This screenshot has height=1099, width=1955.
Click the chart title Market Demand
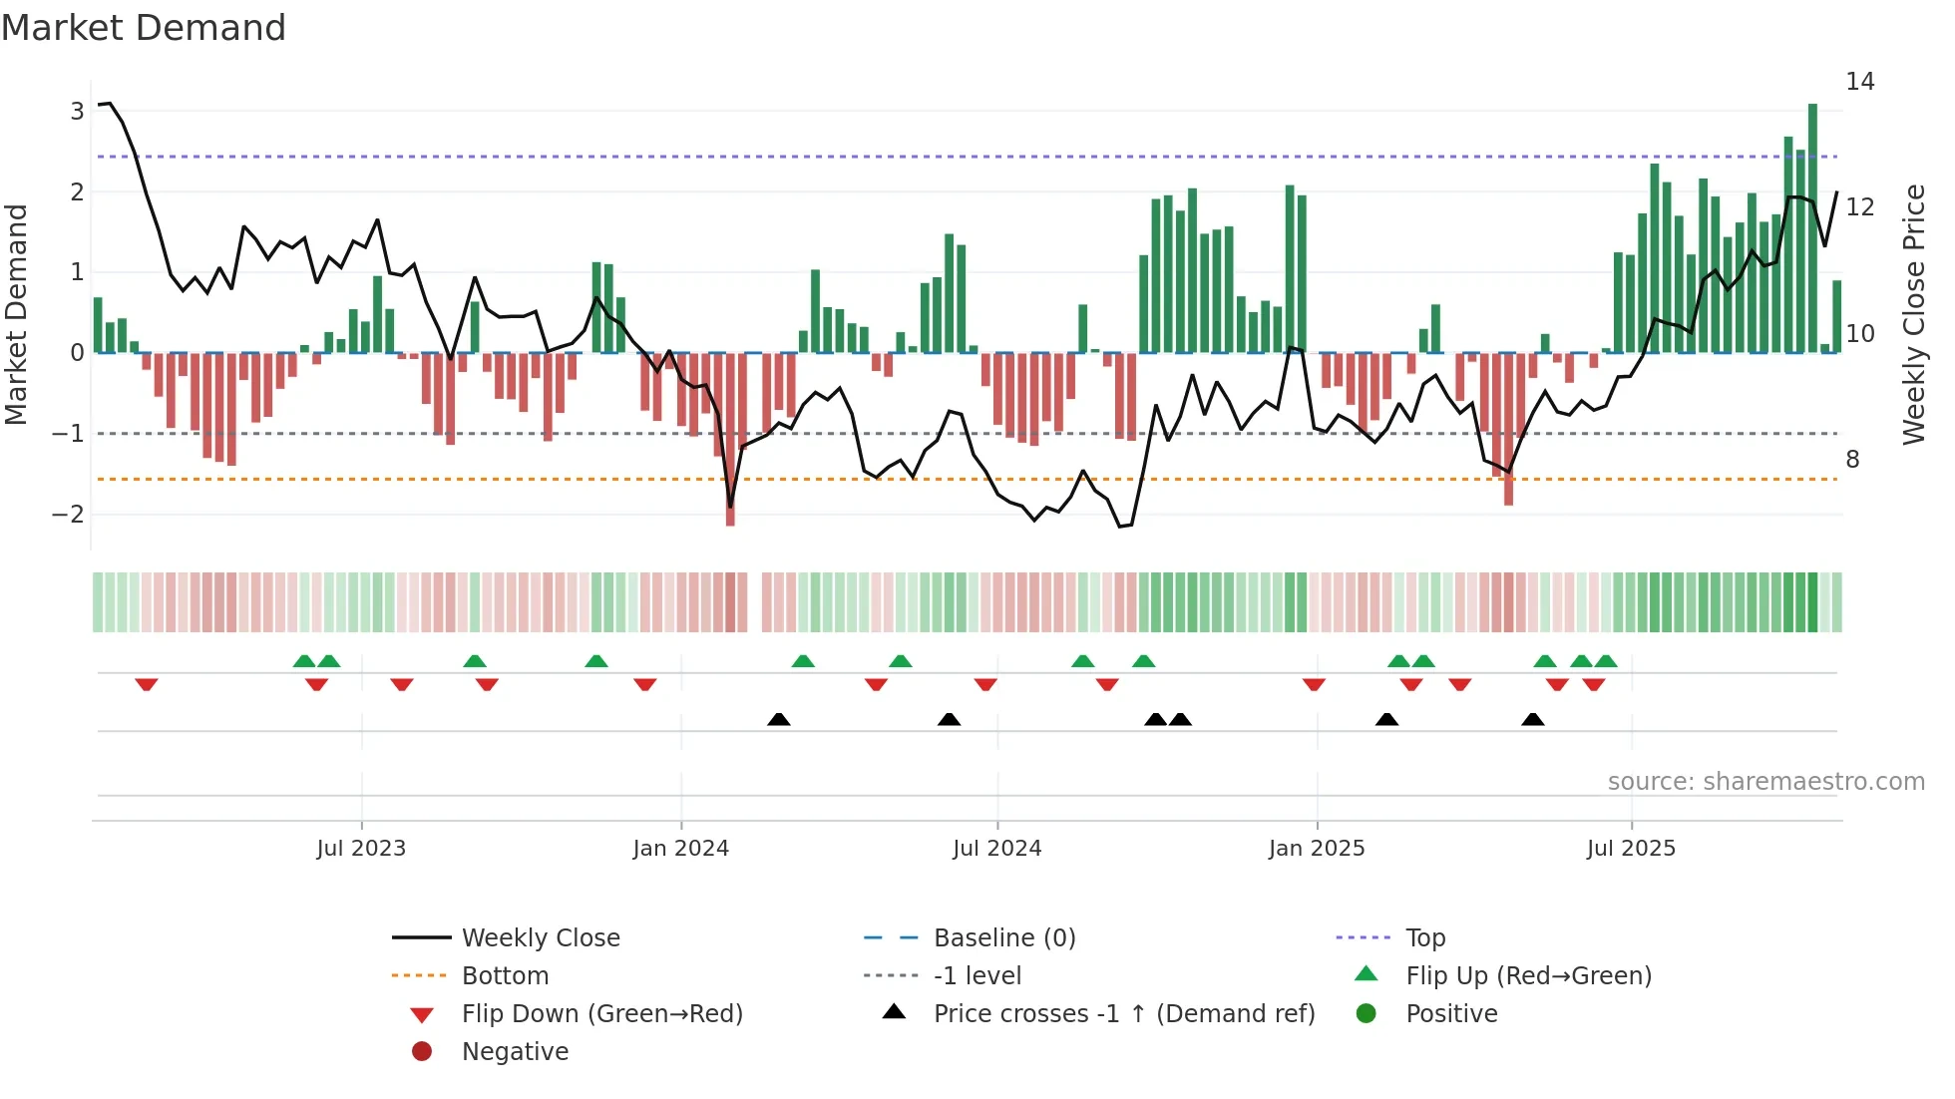point(144,28)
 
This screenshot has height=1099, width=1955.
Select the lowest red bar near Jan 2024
point(730,439)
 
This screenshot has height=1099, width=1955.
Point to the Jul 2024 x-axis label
point(996,849)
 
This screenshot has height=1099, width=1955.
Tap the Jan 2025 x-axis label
point(1317,849)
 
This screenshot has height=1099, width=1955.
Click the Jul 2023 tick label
point(361,849)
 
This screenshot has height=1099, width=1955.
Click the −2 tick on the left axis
point(69,515)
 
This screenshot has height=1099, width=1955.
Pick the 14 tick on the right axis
point(1859,82)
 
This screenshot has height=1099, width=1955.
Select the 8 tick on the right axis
point(1852,460)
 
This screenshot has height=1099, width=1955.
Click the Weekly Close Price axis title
point(1913,314)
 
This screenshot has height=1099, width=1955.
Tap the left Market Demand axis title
point(17,314)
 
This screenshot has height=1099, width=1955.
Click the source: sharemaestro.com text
point(1765,782)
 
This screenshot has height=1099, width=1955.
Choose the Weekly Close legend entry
point(540,938)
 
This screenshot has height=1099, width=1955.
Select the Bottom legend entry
point(505,976)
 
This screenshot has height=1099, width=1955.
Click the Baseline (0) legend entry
point(1003,938)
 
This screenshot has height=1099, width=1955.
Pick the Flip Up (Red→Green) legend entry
point(1528,976)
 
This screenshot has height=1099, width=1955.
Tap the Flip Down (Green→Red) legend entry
point(601,1014)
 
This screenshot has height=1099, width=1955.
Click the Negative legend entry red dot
point(422,1052)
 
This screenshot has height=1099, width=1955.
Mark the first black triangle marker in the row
point(779,719)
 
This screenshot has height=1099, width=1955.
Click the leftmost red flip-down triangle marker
point(147,684)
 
